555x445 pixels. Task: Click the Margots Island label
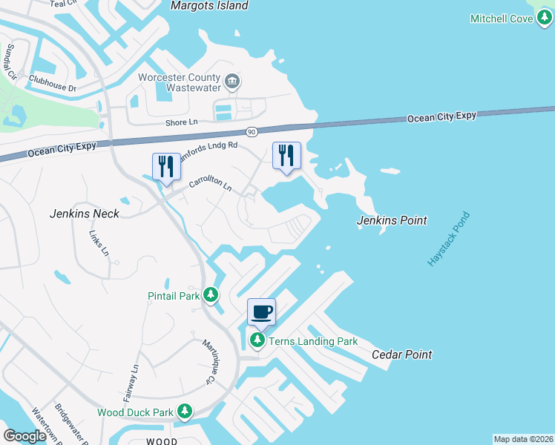208,6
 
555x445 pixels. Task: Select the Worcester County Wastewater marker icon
232,80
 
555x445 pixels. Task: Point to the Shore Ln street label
182,122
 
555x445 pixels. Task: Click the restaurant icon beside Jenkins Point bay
286,154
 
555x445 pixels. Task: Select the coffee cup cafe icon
261,311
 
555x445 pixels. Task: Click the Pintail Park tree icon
211,296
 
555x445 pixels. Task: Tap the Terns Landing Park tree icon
257,341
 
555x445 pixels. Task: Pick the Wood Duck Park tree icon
184,412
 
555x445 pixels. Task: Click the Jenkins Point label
392,220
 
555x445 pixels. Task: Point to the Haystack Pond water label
448,240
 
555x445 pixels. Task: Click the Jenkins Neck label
84,214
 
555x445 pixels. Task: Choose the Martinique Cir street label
208,362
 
